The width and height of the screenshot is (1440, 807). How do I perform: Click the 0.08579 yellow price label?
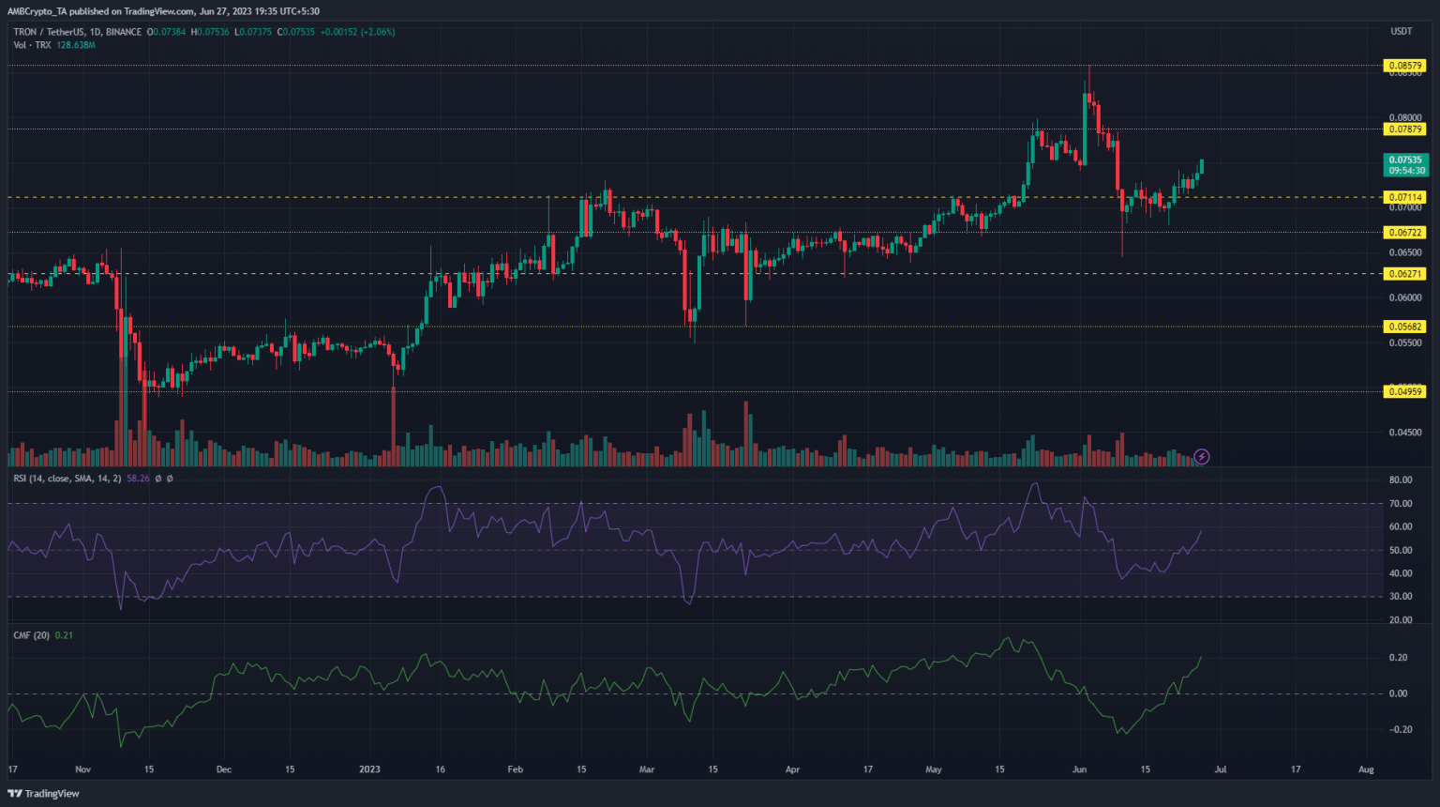[x=1404, y=66]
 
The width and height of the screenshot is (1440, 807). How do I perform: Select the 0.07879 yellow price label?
[x=1404, y=129]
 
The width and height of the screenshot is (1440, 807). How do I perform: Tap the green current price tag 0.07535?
[x=1406, y=165]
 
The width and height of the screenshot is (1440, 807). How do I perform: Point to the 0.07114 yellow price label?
[x=1404, y=197]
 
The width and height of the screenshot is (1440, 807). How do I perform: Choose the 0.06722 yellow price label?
[x=1404, y=233]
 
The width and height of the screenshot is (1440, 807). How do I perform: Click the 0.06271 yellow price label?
[x=1404, y=274]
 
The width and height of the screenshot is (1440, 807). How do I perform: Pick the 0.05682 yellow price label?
[x=1404, y=327]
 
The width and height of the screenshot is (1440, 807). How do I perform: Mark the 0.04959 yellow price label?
[x=1404, y=391]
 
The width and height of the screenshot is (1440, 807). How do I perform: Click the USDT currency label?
[x=1401, y=32]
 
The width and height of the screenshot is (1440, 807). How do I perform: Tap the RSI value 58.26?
[x=138, y=479]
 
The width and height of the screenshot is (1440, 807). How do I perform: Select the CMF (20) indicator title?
[x=32, y=635]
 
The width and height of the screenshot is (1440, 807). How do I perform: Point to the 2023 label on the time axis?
[x=369, y=769]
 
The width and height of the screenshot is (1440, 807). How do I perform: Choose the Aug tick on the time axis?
[x=1366, y=769]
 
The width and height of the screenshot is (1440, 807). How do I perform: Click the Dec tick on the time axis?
[x=224, y=769]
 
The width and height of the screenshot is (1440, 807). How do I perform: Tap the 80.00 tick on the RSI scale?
[x=1401, y=480]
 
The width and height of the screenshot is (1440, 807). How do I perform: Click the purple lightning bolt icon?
[x=1202, y=457]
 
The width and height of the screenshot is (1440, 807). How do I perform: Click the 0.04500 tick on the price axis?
[x=1404, y=433]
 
